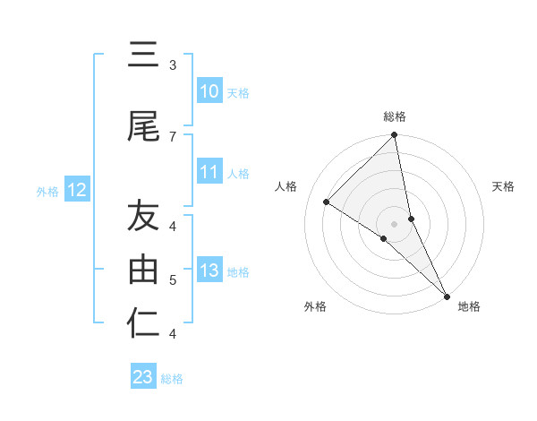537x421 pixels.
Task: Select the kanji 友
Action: (143, 216)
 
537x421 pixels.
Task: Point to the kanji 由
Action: (143, 270)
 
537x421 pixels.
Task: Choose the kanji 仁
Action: (143, 323)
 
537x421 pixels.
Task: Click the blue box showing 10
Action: (209, 91)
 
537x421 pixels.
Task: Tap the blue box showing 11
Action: (209, 173)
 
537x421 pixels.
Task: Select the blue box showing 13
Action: (209, 271)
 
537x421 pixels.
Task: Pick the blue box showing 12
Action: (76, 190)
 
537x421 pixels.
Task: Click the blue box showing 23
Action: (142, 377)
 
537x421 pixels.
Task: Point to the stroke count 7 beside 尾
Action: (172, 136)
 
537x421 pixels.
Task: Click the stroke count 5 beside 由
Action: (172, 280)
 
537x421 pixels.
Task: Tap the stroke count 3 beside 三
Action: (172, 65)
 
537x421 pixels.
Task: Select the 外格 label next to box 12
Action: (47, 191)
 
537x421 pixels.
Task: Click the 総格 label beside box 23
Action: (172, 378)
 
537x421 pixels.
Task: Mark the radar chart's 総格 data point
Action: (395, 135)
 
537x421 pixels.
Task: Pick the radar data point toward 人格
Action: (327, 202)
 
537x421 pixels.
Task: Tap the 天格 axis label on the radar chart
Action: (503, 186)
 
